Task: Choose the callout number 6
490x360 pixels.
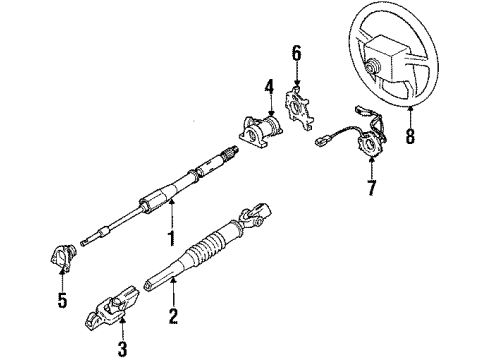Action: (296, 51)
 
